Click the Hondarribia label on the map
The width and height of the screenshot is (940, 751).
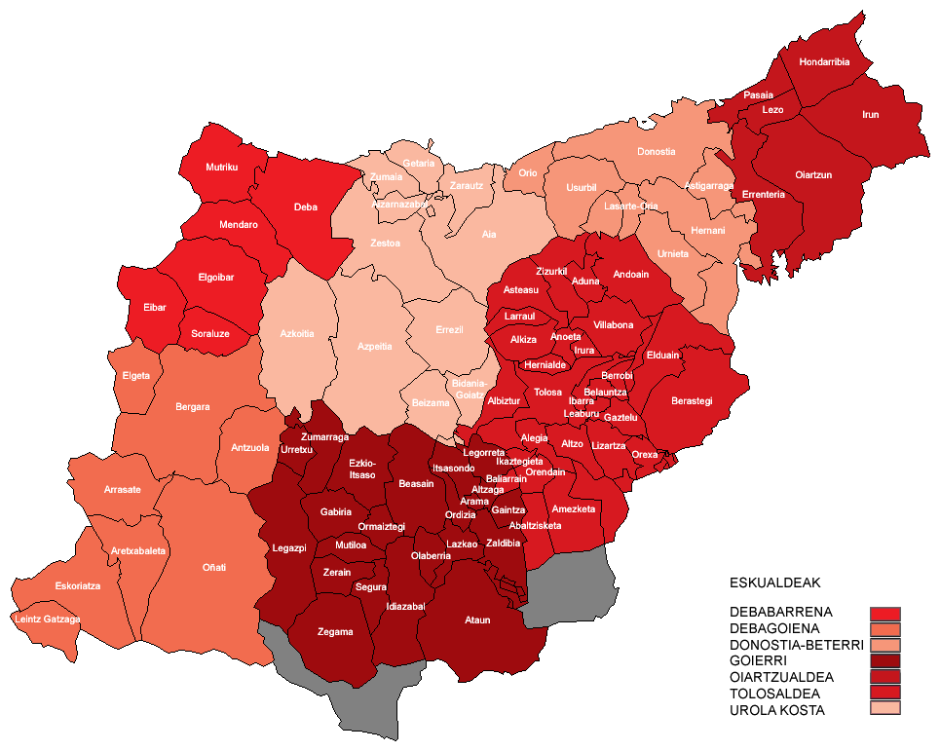[823, 62]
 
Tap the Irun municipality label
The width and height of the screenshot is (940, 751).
[870, 115]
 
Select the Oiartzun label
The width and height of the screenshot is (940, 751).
[812, 175]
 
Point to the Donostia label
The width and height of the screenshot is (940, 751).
[656, 152]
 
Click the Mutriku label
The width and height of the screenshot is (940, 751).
[221, 168]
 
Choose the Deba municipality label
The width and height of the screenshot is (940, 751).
[305, 207]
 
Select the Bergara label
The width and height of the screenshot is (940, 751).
[192, 407]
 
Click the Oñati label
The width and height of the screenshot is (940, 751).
[213, 567]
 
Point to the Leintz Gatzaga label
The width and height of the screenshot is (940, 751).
[47, 620]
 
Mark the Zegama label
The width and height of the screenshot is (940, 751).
[334, 632]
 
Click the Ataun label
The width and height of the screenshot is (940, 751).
[477, 620]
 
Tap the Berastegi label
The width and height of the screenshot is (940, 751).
[692, 400]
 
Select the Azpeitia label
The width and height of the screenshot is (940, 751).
[374, 346]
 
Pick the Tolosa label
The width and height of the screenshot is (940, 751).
[547, 393]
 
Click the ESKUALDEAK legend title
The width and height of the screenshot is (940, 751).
[774, 583]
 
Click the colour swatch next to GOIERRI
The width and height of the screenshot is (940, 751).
[885, 660]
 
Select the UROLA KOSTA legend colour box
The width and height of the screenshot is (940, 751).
[885, 708]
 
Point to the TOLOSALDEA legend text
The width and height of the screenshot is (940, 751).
[775, 694]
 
